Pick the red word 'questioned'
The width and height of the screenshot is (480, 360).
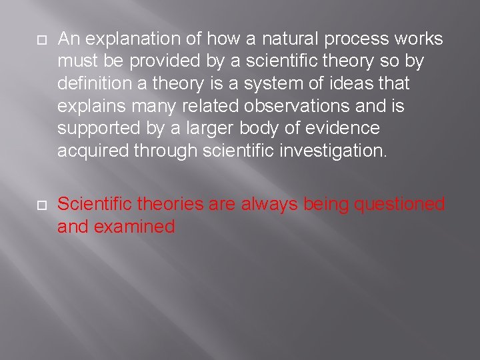(x=399, y=204)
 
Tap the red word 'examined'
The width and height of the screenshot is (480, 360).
(x=135, y=227)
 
